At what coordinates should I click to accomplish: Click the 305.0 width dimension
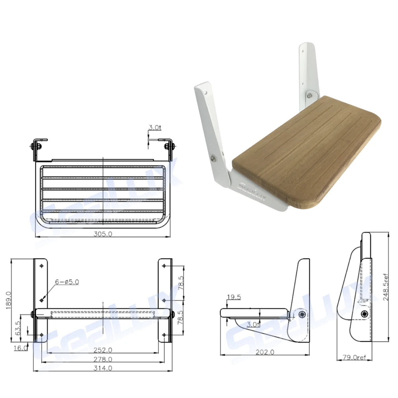coord(103,234)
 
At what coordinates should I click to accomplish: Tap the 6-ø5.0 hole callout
coord(67,282)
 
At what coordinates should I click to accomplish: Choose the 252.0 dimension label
coord(103,350)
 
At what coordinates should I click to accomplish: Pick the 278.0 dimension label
coord(103,359)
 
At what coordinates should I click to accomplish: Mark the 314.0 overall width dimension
coord(103,369)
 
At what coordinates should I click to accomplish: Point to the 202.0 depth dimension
coord(265,352)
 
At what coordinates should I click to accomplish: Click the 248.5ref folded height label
coord(385,287)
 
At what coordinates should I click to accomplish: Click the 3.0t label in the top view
coord(154,128)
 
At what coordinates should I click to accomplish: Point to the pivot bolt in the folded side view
coord(365,314)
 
